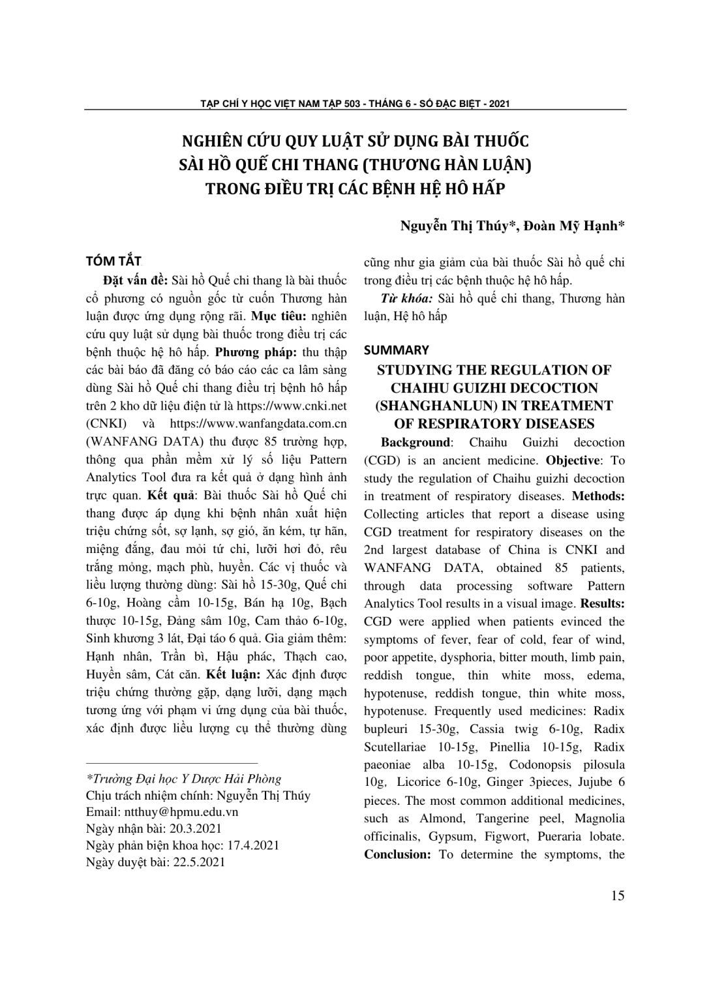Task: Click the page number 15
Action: click(618, 895)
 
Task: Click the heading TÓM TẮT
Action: click(113, 262)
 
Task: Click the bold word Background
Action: click(416, 442)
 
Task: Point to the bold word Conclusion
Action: click(397, 854)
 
